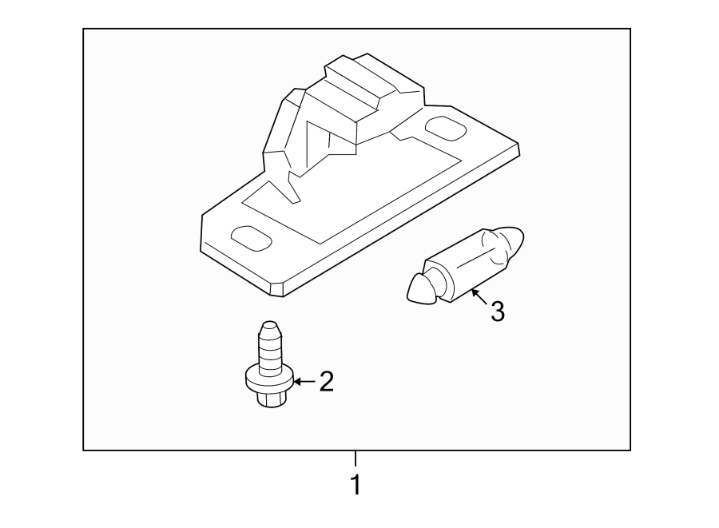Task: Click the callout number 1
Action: click(356, 484)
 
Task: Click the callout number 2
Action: click(326, 382)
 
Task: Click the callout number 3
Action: click(497, 312)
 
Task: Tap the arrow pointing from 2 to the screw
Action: click(304, 382)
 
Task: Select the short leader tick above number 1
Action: click(356, 459)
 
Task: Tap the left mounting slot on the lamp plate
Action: click(249, 236)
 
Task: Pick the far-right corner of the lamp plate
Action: click(518, 145)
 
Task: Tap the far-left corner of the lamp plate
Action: click(202, 216)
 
